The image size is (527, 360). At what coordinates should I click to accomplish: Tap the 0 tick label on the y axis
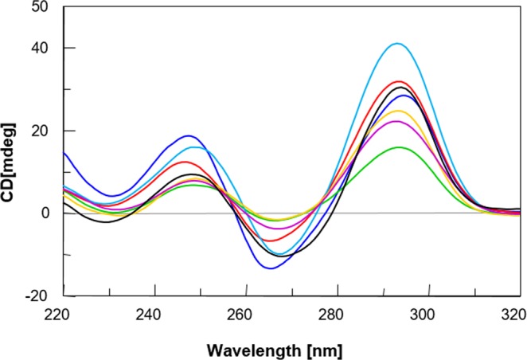[x=46, y=213]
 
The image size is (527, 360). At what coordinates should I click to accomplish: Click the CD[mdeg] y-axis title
[x=10, y=154]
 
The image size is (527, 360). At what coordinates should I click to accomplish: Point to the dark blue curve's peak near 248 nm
[x=188, y=135]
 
